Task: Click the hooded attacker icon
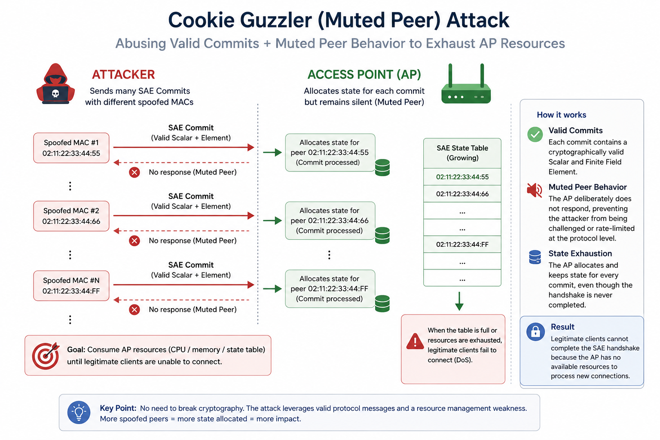55,84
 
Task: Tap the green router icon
466,84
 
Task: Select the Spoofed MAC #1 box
71,148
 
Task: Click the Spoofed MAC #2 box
71,216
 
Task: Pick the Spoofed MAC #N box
71,286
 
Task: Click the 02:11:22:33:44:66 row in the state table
462,194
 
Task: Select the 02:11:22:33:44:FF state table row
462,244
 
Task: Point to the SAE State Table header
462,153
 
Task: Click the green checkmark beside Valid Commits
535,134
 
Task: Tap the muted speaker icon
535,190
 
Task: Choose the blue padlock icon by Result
535,332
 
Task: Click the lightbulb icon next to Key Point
79,412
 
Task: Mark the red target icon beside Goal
46,356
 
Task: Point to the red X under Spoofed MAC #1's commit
134,172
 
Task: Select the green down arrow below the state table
459,301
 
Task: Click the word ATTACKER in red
123,75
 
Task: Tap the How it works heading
561,115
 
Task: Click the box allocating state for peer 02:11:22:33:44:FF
330,289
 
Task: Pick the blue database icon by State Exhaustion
535,257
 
